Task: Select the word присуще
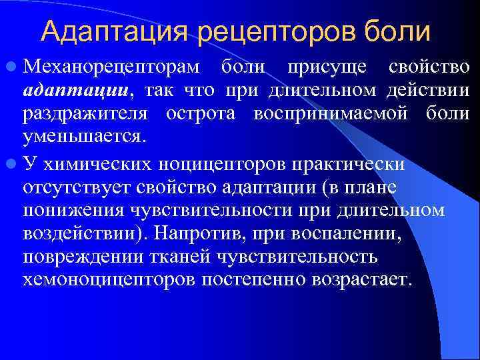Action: coord(327,68)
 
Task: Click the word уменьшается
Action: coord(83,137)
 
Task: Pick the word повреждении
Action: coord(77,257)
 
